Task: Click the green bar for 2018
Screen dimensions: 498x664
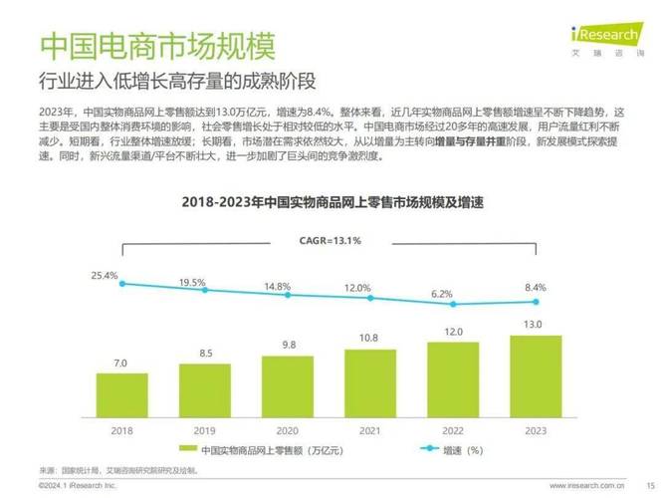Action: tap(122, 395)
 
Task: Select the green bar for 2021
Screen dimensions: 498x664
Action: tap(370, 383)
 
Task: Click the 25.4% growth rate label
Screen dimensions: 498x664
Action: tap(105, 274)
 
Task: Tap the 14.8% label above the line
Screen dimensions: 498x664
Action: tap(277, 286)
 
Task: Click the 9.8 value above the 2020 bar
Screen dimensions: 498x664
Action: tap(288, 345)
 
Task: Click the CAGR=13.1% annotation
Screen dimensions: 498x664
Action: tap(331, 240)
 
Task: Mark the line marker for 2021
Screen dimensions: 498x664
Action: tap(370, 298)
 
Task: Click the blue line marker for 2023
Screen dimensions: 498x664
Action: tap(536, 302)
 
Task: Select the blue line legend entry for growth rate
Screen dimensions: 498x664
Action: tap(433, 450)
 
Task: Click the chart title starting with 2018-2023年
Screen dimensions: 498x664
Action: tap(332, 202)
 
